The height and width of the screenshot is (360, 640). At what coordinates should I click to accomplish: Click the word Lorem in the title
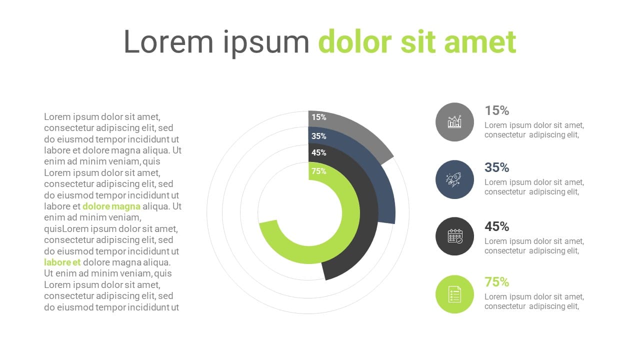[168, 41]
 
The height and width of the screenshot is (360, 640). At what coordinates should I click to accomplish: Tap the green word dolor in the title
[355, 41]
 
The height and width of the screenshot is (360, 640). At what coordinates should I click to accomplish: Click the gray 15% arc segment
[357, 130]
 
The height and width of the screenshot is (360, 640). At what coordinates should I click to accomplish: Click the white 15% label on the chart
[319, 117]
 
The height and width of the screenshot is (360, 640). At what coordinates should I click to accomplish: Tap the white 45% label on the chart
[319, 152]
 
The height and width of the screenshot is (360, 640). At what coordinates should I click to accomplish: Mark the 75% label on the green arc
[319, 171]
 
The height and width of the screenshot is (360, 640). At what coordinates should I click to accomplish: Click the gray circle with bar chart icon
[454, 122]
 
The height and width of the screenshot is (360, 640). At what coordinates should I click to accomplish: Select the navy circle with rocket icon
[454, 179]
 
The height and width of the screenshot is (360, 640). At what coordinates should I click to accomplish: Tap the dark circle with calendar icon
[454, 236]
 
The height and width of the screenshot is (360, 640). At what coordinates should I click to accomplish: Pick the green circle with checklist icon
[454, 294]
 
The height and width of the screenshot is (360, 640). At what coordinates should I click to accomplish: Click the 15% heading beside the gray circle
[497, 110]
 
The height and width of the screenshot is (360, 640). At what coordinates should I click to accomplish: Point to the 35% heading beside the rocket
[497, 167]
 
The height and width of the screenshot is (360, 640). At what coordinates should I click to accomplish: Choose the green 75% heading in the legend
[497, 282]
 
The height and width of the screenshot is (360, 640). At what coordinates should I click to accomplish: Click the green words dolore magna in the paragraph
[111, 206]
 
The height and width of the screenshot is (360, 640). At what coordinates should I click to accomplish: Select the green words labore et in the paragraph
[62, 262]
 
